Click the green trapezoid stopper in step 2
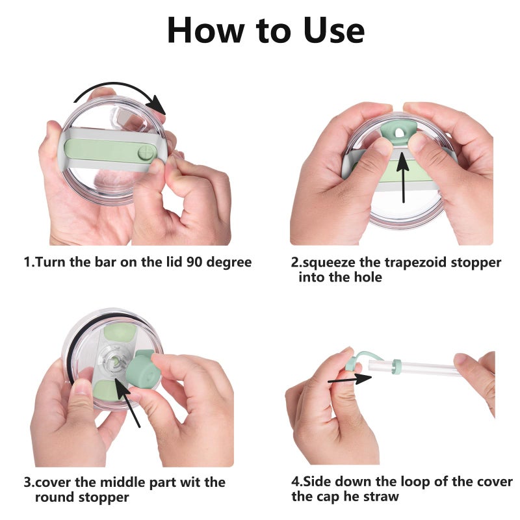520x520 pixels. [x=396, y=133]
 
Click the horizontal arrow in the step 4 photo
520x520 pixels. [x=344, y=379]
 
